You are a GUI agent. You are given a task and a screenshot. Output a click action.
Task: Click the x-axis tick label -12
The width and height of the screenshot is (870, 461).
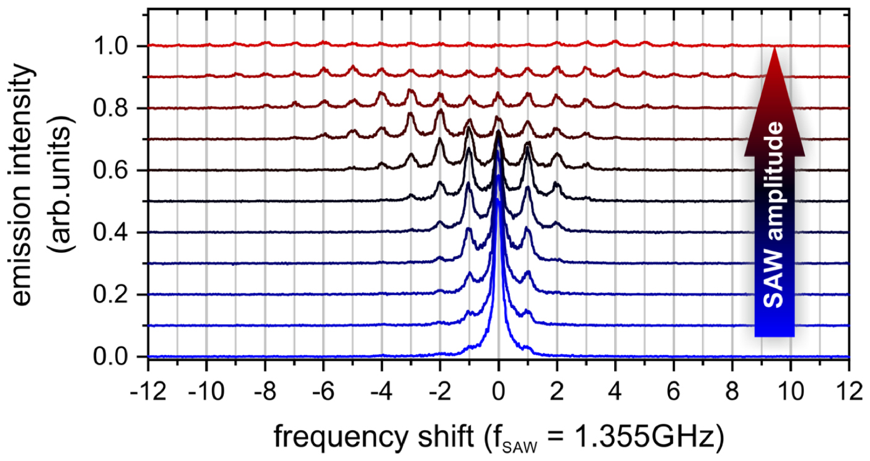[x=147, y=392]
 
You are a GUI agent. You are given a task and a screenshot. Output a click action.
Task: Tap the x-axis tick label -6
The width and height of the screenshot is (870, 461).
[x=323, y=392]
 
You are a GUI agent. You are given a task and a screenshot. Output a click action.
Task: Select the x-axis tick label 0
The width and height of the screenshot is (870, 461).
[x=498, y=392]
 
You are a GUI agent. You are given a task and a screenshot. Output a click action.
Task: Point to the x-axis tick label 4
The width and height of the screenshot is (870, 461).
[x=615, y=392]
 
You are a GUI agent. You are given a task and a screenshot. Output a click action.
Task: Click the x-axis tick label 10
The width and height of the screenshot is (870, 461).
[x=790, y=392]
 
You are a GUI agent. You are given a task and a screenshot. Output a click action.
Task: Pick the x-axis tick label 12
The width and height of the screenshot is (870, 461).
[x=848, y=392]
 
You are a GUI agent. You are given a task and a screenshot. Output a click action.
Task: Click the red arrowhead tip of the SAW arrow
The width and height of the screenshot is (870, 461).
[x=775, y=50]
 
